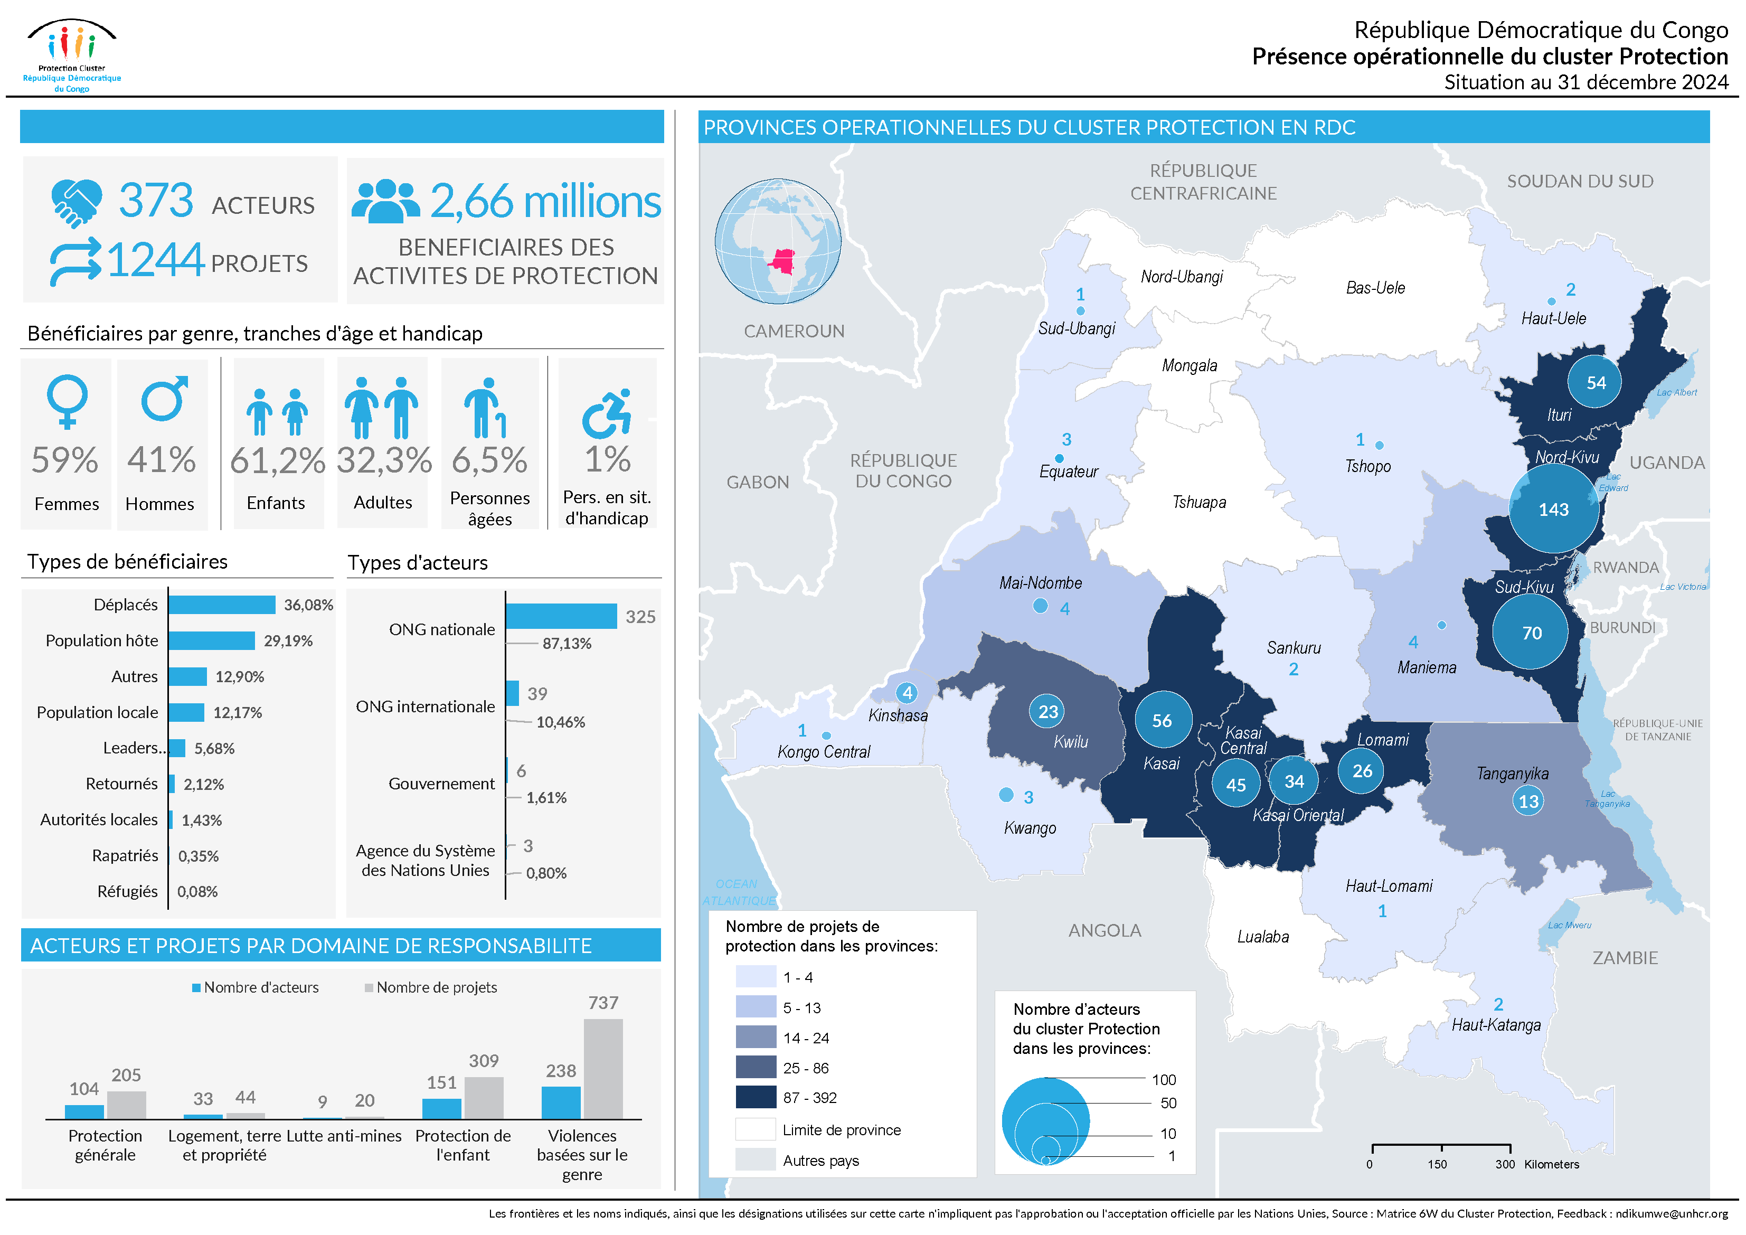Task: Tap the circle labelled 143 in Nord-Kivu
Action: (x=1553, y=509)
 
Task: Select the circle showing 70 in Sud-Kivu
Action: (x=1531, y=633)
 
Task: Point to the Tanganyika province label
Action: (x=1512, y=774)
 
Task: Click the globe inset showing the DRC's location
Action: (x=777, y=242)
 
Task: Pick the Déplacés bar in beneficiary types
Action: (x=221, y=605)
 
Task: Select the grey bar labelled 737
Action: (x=603, y=1069)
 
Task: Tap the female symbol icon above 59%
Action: (x=67, y=400)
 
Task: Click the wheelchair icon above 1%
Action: (x=607, y=414)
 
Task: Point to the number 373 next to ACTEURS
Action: (x=156, y=201)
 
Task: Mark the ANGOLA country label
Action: (x=1104, y=930)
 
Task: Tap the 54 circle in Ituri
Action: (x=1594, y=382)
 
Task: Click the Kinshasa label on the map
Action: (x=898, y=715)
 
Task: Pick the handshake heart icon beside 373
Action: (x=76, y=202)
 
